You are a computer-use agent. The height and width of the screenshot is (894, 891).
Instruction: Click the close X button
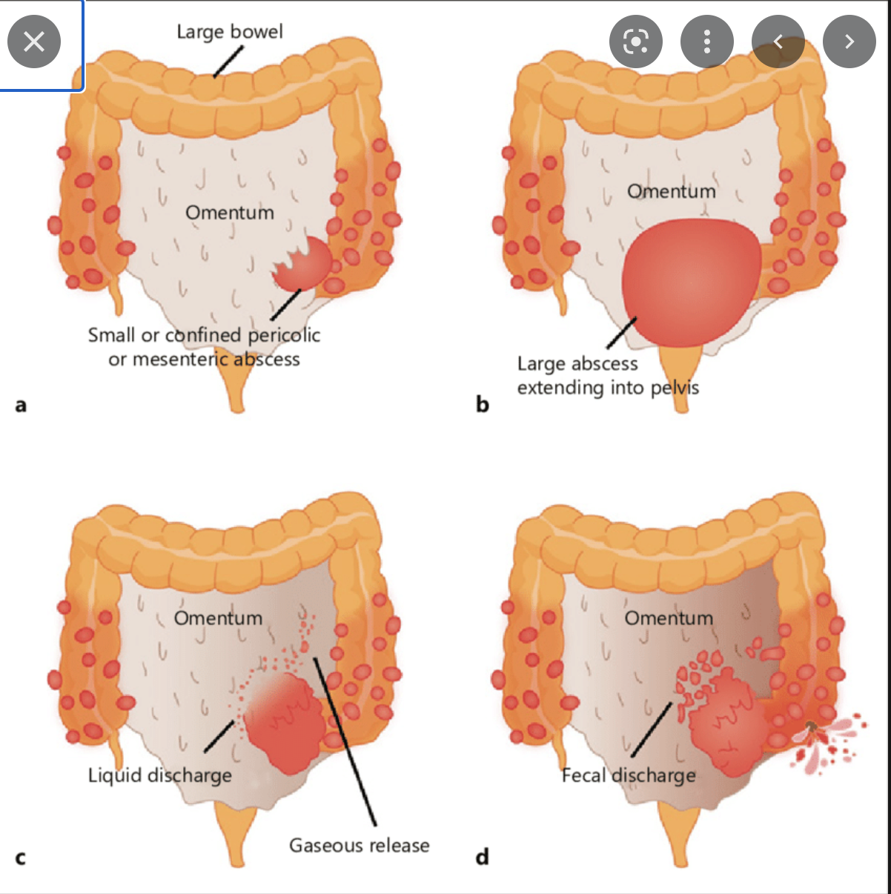pos(34,42)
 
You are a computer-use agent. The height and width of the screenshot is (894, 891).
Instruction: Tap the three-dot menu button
pos(706,42)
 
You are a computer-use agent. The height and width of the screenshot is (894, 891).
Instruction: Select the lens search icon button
pos(636,42)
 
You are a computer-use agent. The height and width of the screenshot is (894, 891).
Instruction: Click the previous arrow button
pos(778,42)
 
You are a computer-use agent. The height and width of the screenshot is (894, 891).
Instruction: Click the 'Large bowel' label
pos(230,32)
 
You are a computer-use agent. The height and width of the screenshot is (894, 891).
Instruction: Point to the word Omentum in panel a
pos(230,213)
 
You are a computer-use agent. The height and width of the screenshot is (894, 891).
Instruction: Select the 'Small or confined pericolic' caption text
pos(204,335)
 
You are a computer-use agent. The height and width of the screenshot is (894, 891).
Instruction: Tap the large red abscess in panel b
pos(691,282)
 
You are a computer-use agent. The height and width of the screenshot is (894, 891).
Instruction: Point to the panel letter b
pos(483,405)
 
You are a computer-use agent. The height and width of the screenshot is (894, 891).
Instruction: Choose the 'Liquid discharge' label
pos(160,775)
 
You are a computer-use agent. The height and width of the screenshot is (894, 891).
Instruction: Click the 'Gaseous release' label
pos(360,845)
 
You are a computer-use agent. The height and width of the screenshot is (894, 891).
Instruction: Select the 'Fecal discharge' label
pos(629,775)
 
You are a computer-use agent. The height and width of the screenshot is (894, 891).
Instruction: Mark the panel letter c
pos(20,858)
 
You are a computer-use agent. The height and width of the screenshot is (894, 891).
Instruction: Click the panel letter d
pos(483,857)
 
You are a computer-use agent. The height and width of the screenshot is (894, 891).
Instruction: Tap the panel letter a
pos(20,405)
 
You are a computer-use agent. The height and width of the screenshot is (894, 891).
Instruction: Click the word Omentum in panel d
pos(669,618)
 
